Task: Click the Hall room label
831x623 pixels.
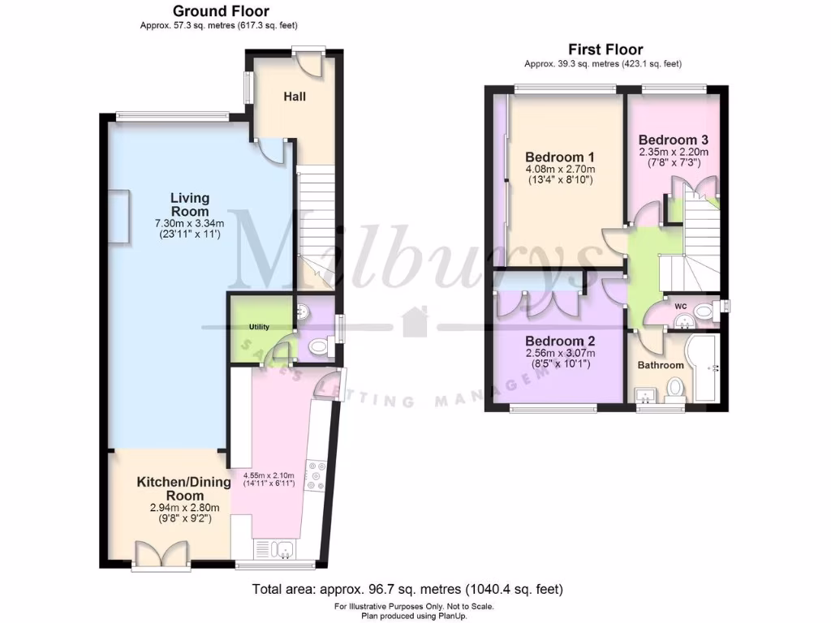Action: click(295, 97)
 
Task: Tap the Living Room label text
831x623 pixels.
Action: click(190, 204)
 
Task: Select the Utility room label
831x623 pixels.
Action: click(259, 326)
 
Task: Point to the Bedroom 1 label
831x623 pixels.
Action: click(560, 157)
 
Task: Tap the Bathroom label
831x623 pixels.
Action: click(660, 365)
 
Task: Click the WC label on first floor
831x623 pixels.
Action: click(680, 307)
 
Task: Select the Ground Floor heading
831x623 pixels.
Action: click(222, 11)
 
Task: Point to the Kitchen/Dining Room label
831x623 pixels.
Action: click(183, 488)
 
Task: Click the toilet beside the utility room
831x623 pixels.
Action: click(317, 348)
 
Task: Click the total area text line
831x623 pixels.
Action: click(407, 589)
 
